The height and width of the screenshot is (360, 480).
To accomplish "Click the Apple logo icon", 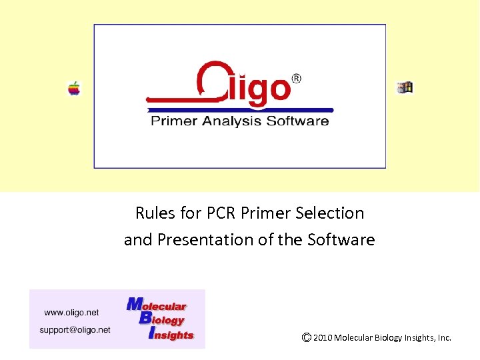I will [74, 88].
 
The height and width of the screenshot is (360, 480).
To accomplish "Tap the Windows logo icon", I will [405, 87].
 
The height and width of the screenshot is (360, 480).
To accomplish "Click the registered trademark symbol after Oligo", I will [297, 79].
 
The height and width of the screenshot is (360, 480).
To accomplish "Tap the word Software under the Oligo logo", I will [297, 121].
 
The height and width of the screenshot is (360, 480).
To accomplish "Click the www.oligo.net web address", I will [71, 312].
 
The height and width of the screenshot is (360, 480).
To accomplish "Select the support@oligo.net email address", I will [75, 329].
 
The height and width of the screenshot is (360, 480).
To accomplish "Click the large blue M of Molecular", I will [135, 304].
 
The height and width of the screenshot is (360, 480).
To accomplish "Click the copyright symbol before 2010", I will [306, 337].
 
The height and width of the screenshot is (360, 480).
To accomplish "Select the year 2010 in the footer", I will [322, 338].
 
